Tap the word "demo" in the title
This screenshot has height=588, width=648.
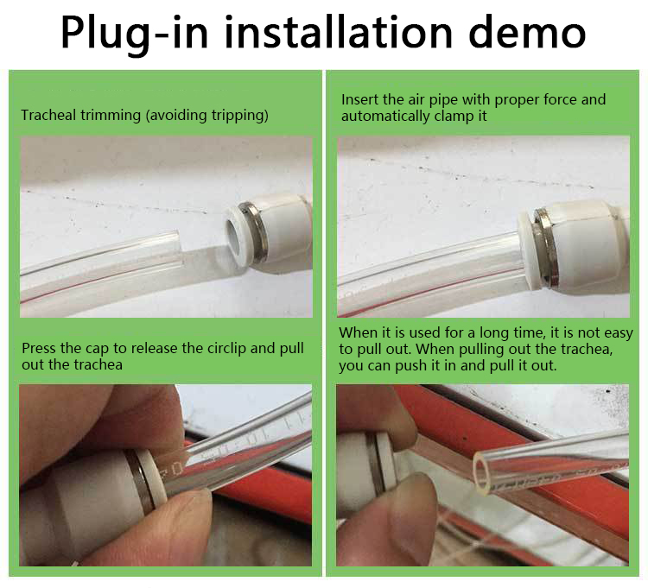(527, 32)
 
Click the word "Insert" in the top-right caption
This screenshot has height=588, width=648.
(359, 99)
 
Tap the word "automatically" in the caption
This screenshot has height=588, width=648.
(385, 117)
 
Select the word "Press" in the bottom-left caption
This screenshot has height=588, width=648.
(39, 348)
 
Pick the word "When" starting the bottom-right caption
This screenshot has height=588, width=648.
(357, 332)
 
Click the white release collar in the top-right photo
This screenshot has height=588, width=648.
(527, 248)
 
